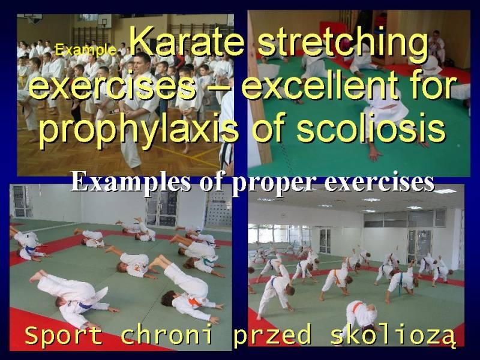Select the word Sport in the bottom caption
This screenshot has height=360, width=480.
(64, 335)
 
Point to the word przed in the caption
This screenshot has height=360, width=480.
(272, 335)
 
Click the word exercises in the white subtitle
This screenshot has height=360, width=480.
(379, 183)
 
